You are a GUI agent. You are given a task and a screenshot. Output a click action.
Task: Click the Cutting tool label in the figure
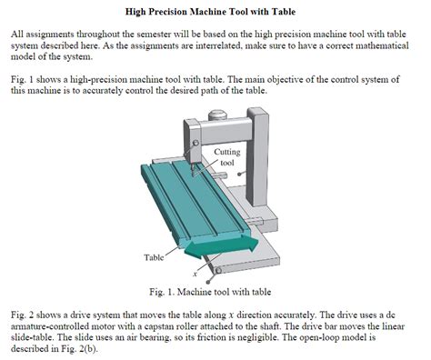(227, 156)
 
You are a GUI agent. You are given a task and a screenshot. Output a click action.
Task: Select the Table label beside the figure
(154, 258)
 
